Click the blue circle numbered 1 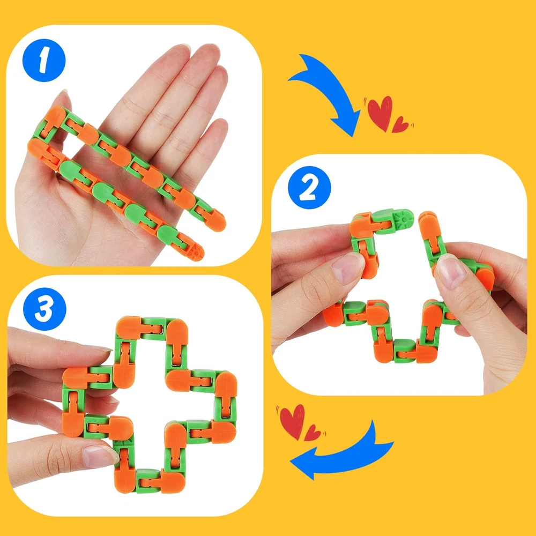click(44, 60)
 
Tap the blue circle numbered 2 click(309, 188)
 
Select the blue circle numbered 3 click(44, 309)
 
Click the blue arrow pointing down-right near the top click(328, 92)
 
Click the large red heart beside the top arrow click(380, 113)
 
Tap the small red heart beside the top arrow click(400, 125)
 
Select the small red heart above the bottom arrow click(312, 433)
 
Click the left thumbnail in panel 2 click(346, 269)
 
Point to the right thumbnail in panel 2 click(451, 271)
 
